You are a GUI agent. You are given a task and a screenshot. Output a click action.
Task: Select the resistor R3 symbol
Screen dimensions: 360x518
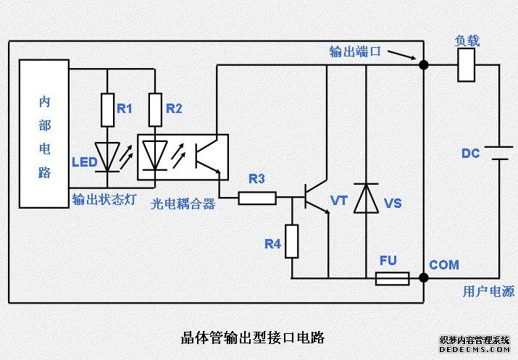(257, 197)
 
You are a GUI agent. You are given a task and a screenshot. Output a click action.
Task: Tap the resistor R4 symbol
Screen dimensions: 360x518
(291, 241)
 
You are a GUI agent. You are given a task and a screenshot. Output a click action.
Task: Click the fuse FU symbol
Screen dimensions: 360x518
(392, 278)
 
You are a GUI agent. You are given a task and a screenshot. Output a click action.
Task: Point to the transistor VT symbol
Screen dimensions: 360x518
(315, 197)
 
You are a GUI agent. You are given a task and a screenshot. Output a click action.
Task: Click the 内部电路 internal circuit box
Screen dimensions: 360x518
(45, 133)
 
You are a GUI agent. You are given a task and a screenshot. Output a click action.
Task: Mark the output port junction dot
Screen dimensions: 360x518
(423, 65)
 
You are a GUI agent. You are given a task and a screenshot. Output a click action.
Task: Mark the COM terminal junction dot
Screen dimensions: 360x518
(423, 277)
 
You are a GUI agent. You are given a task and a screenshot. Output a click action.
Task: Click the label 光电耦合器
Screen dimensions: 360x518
(183, 204)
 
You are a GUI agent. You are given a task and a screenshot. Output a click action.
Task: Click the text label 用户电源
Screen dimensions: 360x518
(488, 292)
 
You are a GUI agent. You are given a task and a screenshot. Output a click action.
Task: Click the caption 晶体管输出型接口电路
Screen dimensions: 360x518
(251, 337)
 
